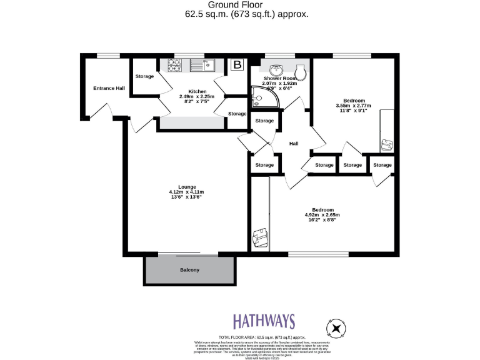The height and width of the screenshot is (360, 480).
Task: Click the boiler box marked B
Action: [237, 64]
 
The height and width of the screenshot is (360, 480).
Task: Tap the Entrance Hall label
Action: [109, 88]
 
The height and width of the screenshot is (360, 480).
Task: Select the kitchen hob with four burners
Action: [174, 64]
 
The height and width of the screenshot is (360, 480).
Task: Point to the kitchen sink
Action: [201, 64]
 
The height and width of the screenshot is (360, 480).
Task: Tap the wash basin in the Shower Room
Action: [276, 69]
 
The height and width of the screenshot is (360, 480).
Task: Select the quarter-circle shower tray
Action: [258, 94]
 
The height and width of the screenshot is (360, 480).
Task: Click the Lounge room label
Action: [187, 187]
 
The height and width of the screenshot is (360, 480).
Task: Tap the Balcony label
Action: [189, 270]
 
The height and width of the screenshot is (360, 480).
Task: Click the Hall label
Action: [293, 144]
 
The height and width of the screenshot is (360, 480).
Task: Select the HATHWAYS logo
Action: [264, 321]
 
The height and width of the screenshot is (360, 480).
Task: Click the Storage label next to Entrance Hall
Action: [144, 76]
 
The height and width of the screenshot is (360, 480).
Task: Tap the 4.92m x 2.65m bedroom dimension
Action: [322, 215]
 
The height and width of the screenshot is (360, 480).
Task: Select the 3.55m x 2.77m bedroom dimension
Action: [353, 106]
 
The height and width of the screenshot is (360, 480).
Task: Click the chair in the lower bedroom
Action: [259, 238]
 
